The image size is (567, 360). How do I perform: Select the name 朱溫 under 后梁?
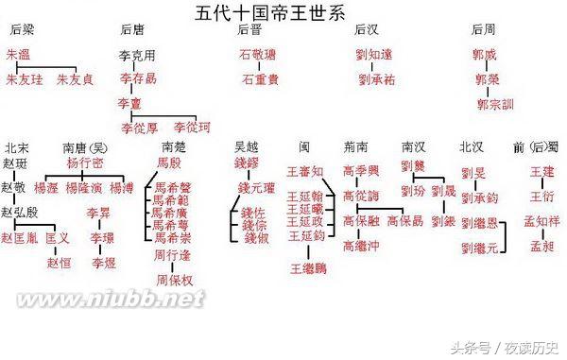19,57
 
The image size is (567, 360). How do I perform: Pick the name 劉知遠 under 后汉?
374,57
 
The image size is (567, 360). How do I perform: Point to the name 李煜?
103,261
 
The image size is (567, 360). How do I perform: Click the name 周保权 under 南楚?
173,280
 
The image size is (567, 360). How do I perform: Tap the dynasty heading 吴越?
248,147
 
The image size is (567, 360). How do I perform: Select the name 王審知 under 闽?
305,172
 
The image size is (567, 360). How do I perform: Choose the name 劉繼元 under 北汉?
479,248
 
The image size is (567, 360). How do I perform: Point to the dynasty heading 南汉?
414,147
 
